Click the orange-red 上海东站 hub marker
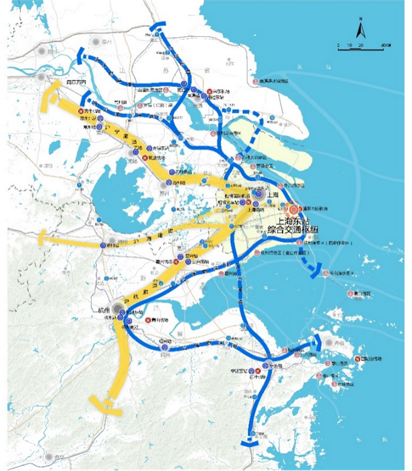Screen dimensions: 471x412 coord(294,210)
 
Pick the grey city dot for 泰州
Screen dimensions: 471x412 coord(96,42)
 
